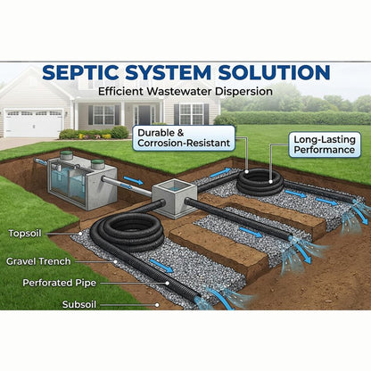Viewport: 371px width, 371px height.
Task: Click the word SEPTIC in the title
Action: (81, 72)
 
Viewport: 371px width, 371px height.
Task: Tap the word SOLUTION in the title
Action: (274, 72)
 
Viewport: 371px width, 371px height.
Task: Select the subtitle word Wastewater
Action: (179, 91)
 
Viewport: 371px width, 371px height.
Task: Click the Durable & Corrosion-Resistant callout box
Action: (184, 138)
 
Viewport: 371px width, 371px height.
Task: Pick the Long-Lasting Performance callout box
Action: (325, 144)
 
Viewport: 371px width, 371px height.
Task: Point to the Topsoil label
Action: (25, 234)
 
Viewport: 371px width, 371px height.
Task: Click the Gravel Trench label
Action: (38, 261)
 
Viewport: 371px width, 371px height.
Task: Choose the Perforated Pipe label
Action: (60, 283)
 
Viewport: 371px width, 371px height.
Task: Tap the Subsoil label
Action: (79, 304)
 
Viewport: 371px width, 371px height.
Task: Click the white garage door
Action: (33, 123)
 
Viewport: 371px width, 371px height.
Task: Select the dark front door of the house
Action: (144, 115)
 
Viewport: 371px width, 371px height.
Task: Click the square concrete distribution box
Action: (175, 198)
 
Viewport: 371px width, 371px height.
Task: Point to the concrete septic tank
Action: (82, 184)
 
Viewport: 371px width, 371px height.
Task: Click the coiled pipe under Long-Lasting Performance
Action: (260, 182)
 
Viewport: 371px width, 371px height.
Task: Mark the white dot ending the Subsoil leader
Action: (157, 305)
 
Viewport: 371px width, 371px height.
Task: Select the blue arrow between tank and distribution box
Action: (133, 180)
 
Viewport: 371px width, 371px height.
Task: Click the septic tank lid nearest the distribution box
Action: (97, 164)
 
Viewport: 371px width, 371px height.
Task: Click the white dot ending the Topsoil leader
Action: (80, 234)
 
